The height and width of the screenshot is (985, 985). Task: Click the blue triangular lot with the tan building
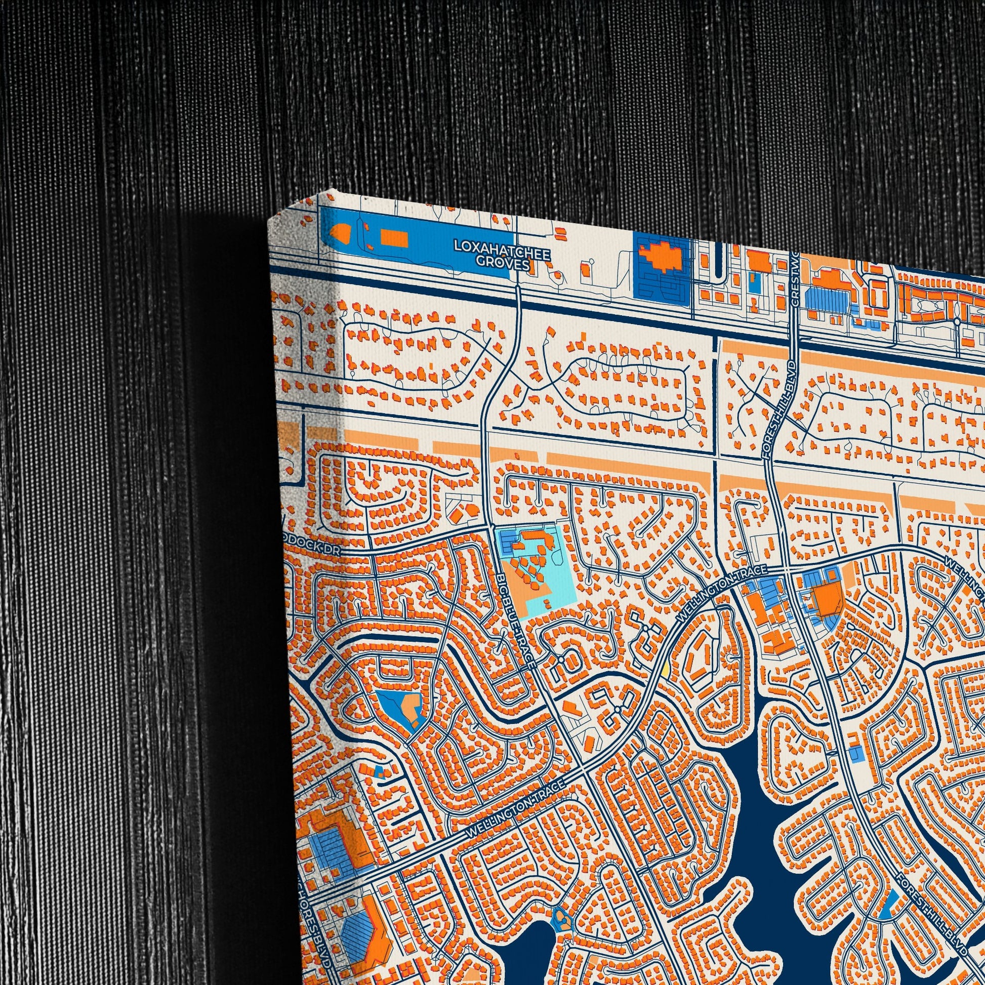click(402, 708)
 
